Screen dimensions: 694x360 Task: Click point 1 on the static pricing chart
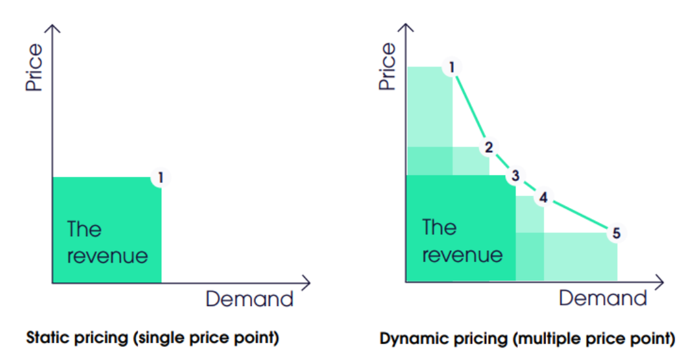(x=161, y=178)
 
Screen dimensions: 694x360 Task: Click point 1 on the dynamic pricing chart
(x=451, y=67)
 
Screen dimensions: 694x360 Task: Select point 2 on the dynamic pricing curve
(x=489, y=147)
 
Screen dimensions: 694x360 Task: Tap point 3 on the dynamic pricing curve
(x=515, y=176)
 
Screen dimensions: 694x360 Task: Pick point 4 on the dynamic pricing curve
(x=543, y=197)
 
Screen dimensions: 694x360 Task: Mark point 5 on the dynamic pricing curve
(x=616, y=233)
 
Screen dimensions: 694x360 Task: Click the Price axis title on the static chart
(x=34, y=67)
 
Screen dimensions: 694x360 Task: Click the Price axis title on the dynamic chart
(x=387, y=66)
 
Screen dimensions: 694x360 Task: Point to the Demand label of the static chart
(x=249, y=299)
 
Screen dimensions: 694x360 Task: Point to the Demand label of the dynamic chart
(x=603, y=298)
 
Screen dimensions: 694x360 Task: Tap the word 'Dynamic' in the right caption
(x=412, y=339)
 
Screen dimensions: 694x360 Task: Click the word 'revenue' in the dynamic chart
(x=462, y=255)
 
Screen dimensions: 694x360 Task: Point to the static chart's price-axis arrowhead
(x=53, y=28)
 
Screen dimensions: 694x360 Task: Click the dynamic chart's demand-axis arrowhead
(x=660, y=282)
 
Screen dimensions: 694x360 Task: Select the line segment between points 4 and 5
(x=580, y=215)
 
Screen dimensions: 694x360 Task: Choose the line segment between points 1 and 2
(x=470, y=107)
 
